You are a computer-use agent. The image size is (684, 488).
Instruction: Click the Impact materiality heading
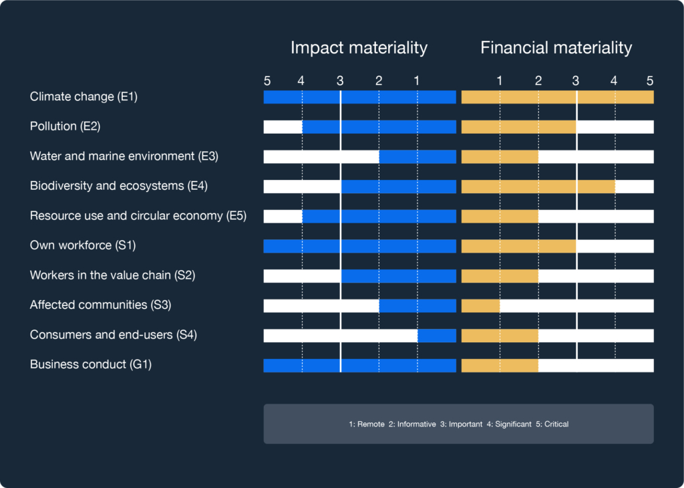[x=359, y=48]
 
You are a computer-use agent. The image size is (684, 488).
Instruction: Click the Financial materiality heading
[x=556, y=48]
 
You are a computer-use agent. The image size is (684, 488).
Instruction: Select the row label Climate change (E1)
[x=83, y=97]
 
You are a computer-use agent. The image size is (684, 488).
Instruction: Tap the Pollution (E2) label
[x=65, y=126]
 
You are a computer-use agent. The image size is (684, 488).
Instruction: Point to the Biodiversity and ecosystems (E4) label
[x=118, y=186]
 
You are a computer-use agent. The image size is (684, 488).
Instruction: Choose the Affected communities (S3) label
[x=100, y=305]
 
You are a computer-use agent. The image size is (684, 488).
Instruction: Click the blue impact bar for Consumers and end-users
[x=437, y=336]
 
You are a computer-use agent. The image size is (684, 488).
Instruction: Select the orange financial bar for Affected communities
[x=480, y=306]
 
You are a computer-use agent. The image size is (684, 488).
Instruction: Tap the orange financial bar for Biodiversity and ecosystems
[x=538, y=187]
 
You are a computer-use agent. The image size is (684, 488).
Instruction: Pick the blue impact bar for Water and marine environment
[x=417, y=156]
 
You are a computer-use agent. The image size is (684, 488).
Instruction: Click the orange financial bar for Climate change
[x=557, y=97]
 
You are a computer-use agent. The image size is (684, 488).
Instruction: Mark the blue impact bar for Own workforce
[x=359, y=246]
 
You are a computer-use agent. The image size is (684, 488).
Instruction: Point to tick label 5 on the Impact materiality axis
[x=267, y=81]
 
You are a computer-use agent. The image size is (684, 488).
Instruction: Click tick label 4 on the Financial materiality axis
[x=614, y=81]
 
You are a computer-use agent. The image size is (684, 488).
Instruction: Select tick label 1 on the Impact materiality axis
[x=417, y=81]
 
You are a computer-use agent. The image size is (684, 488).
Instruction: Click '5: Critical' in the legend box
[x=552, y=424]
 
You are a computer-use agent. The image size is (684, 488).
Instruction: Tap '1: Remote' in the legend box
[x=366, y=424]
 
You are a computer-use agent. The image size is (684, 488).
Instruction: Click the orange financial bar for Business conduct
[x=500, y=366]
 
